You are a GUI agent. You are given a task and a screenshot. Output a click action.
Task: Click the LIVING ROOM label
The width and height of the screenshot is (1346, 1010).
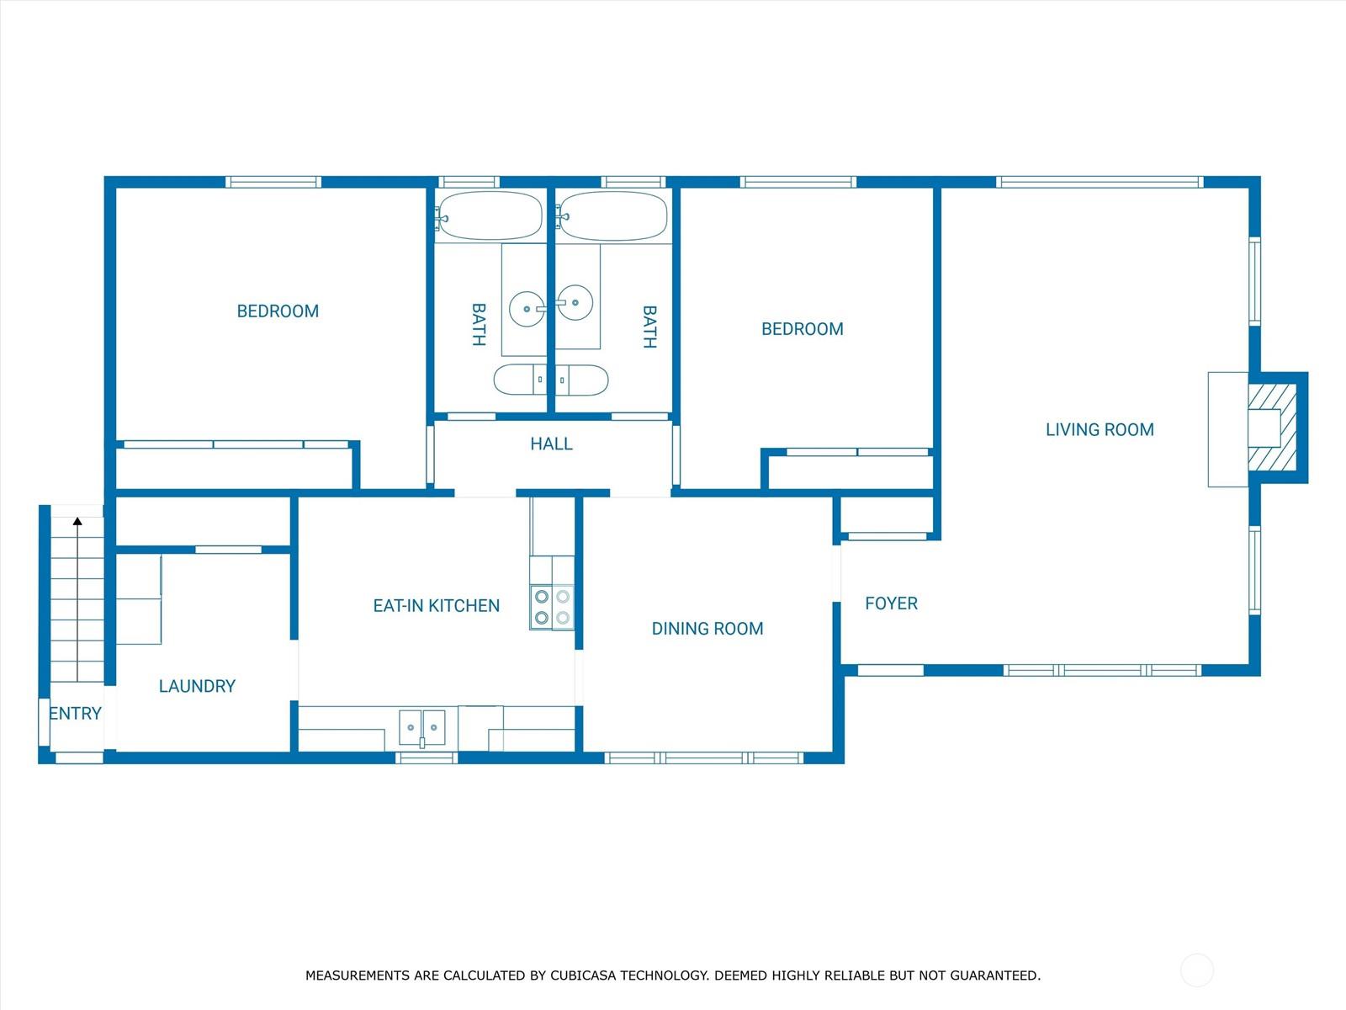pos(1100,430)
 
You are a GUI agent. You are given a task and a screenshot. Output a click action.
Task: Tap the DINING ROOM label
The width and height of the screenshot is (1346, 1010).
pos(707,629)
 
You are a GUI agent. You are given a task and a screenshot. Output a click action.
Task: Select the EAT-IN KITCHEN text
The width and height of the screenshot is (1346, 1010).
pos(436,606)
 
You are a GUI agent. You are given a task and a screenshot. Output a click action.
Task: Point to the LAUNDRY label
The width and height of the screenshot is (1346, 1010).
pos(197,686)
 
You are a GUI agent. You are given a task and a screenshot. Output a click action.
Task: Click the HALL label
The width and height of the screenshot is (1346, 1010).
pos(551,444)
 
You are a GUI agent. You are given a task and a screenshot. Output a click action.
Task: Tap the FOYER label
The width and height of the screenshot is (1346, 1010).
pos(891,603)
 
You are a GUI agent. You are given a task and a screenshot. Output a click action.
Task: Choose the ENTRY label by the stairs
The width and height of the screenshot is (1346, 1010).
pos(75,713)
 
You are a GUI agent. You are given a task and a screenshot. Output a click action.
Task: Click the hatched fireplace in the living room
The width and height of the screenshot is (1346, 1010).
pos(1273,428)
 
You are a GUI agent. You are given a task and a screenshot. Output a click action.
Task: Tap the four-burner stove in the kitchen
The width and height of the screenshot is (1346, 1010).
pos(552,607)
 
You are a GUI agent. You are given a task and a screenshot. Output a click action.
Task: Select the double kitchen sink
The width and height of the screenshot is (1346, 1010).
pos(422,728)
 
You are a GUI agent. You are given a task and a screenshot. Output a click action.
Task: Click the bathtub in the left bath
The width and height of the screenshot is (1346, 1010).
pos(490,215)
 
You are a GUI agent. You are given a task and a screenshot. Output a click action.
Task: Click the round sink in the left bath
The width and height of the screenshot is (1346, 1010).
pos(527,309)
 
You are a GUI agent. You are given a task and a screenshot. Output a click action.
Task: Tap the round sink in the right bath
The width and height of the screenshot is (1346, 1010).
pos(575,302)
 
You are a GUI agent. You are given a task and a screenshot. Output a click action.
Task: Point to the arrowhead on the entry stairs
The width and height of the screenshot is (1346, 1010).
pos(77,521)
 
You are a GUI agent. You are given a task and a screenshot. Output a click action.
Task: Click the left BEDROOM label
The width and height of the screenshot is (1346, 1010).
pos(278,311)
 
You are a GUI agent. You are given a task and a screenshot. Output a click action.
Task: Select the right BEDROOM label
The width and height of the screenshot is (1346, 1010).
pos(802,329)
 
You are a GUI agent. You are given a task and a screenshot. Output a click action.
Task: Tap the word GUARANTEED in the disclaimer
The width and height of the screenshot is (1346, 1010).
pos(994,975)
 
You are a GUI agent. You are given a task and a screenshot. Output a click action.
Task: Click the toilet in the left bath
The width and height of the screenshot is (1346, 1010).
pos(520,380)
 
